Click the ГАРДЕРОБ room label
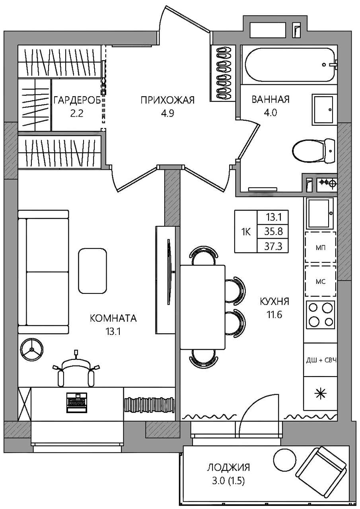[77, 100]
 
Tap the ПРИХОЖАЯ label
[167, 100]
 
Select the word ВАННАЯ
[270, 99]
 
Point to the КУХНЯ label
[274, 302]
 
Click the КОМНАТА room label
[113, 319]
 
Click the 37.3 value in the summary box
[273, 246]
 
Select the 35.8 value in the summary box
[273, 232]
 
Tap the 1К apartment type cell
[246, 232]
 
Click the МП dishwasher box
[321, 247]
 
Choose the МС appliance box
[321, 282]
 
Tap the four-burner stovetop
[321, 315]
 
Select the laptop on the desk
[77, 402]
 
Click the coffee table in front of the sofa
[93, 271]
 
